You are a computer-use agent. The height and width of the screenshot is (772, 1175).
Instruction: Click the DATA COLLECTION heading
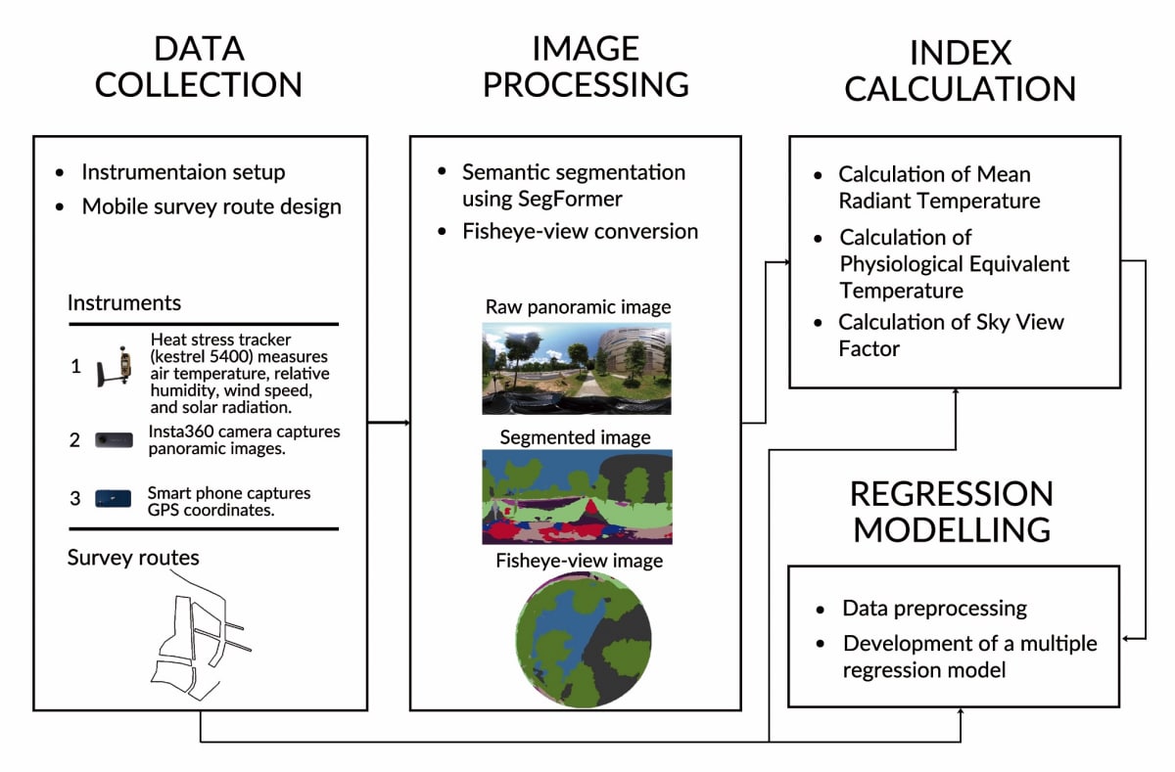click(198, 67)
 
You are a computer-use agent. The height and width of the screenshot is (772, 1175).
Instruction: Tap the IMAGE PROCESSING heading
click(586, 67)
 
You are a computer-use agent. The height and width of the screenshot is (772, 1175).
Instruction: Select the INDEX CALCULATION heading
click(961, 70)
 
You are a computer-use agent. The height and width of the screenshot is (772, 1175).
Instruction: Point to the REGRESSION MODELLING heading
click(952, 511)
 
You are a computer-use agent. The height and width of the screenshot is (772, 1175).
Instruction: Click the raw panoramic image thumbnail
click(577, 368)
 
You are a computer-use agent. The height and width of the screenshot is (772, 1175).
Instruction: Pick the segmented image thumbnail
click(577, 497)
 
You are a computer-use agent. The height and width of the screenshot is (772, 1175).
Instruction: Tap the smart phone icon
click(113, 499)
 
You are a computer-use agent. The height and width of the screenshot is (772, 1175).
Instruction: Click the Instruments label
click(123, 303)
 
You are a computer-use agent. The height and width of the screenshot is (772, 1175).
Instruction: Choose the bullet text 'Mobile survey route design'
click(211, 206)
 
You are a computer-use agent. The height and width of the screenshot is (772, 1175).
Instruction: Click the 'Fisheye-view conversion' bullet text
click(581, 232)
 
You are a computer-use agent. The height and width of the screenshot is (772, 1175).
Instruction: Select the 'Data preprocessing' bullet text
click(934, 609)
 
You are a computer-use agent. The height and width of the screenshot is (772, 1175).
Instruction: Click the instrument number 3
click(74, 499)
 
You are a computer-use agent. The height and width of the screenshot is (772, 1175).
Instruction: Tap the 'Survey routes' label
click(133, 558)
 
